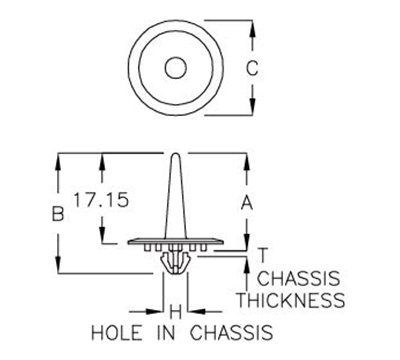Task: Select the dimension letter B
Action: tap(58, 213)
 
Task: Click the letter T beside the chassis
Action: tap(262, 254)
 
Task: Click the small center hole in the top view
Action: tap(175, 68)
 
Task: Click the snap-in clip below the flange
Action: tap(175, 262)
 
